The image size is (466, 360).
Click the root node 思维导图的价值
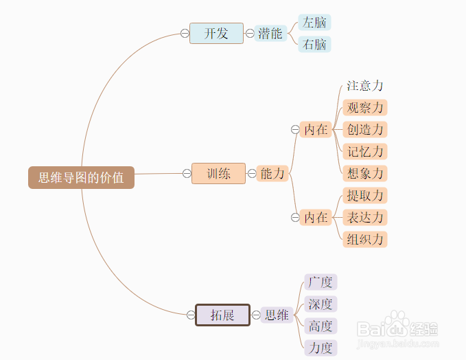[81, 178]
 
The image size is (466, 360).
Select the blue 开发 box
[216, 34]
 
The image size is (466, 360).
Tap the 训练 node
[218, 173]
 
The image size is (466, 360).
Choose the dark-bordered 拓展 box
[222, 315]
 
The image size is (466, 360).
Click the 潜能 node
[270, 34]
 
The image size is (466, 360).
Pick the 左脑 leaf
[314, 22]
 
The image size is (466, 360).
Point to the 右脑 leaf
[314, 45]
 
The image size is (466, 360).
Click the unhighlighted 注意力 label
[365, 86]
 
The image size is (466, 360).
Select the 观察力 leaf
[365, 107]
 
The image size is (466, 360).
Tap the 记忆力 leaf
[365, 151]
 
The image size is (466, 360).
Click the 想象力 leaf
[365, 173]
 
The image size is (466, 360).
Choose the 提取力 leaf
[365, 196]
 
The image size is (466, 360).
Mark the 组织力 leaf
[365, 240]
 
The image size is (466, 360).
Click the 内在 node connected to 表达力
[316, 218]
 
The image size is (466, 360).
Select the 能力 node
[272, 173]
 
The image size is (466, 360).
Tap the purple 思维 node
[277, 315]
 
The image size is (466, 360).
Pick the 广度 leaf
[321, 282]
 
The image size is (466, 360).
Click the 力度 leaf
[321, 348]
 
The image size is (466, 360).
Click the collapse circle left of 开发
[185, 34]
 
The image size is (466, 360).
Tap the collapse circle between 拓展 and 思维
[256, 315]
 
